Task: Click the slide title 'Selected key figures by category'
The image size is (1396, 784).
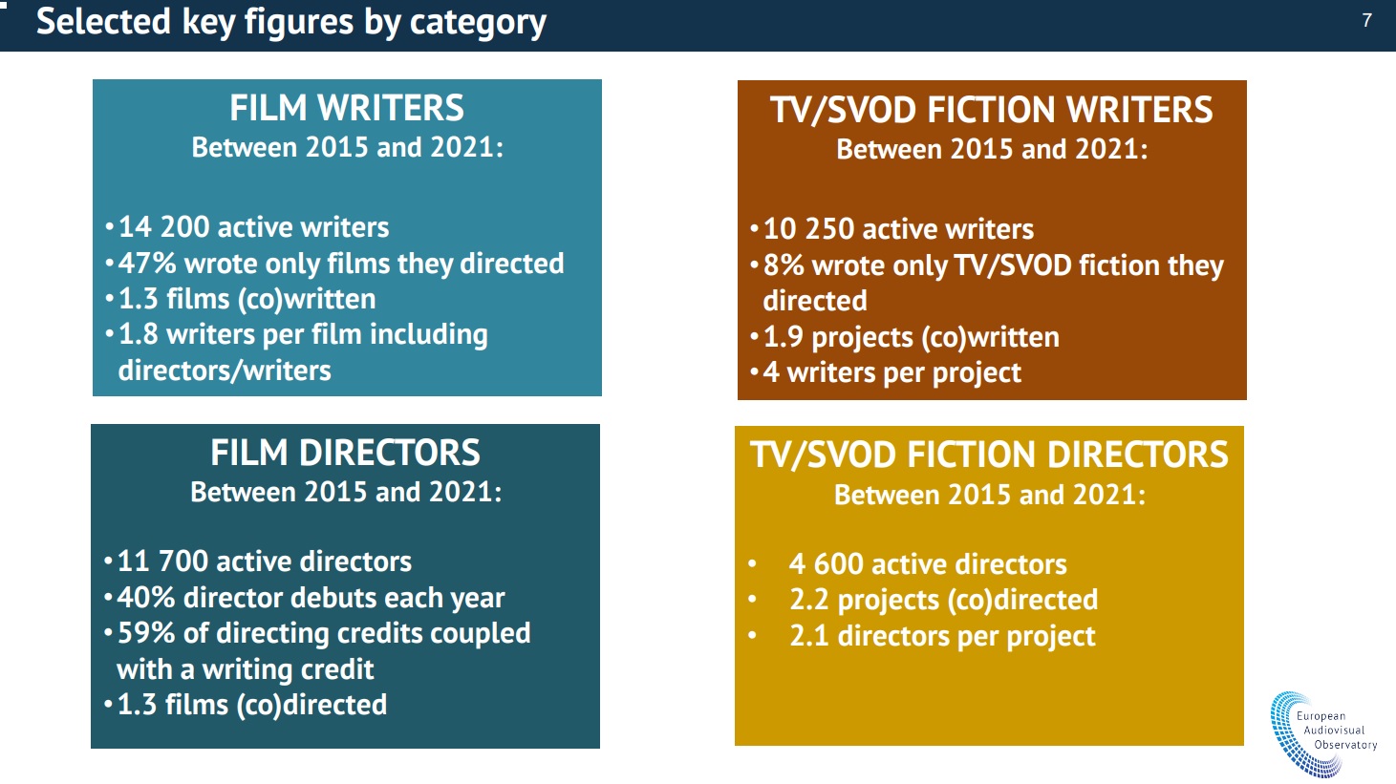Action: (x=291, y=22)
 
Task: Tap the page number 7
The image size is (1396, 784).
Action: (x=1366, y=21)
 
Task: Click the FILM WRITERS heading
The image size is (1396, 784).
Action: (x=347, y=108)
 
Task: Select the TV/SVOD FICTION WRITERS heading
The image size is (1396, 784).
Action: (x=991, y=110)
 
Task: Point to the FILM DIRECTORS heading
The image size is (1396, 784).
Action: (x=345, y=453)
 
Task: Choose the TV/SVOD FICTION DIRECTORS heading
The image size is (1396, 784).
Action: (x=989, y=455)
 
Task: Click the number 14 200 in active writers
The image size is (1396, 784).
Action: (x=163, y=226)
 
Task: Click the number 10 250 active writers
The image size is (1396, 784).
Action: (x=808, y=228)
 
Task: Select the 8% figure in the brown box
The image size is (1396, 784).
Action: (x=784, y=265)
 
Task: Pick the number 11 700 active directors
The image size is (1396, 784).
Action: (x=162, y=562)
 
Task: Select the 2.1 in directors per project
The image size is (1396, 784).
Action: (x=808, y=636)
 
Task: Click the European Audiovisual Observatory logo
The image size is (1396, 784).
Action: (x=1323, y=733)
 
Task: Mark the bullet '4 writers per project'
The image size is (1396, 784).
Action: (x=891, y=372)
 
